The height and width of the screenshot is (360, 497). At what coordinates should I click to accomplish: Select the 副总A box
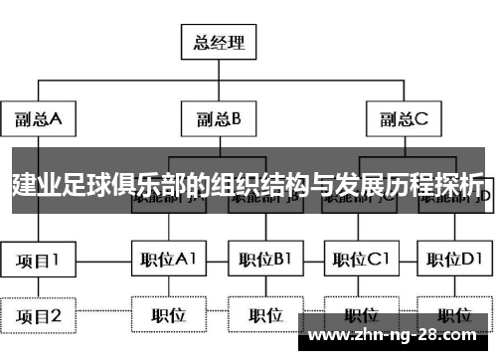[39, 119]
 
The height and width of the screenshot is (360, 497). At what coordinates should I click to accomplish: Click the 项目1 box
[39, 260]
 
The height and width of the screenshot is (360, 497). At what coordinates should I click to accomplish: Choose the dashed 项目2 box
[39, 316]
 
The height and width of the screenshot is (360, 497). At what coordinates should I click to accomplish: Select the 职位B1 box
[265, 260]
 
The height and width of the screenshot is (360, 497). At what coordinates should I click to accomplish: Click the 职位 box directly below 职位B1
[265, 316]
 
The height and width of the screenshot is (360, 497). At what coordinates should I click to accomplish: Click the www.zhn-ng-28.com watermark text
[398, 334]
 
